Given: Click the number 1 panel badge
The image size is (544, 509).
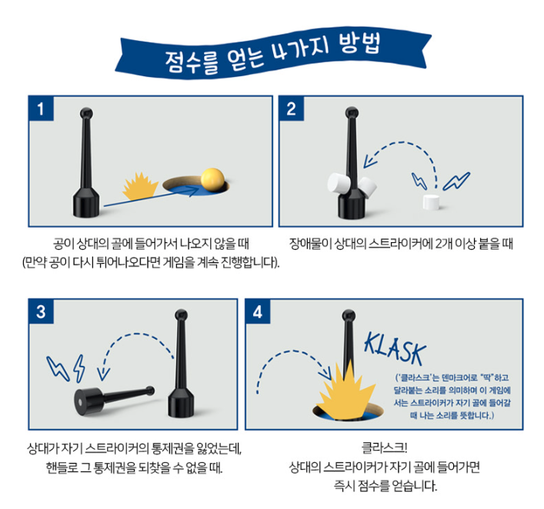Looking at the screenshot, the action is [41, 109].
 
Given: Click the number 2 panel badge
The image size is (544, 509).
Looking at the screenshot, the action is [292, 109].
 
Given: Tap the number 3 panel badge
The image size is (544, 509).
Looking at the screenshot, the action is [41, 311].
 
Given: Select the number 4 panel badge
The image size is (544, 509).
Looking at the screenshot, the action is [258, 311].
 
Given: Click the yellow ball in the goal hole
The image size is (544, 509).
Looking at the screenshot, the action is [212, 180].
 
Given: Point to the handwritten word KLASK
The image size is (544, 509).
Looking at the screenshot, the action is [395, 349].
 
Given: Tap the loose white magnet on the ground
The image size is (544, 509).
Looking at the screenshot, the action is [431, 202].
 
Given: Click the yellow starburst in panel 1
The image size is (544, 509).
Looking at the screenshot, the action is [140, 187].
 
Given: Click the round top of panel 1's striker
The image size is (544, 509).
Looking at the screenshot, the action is [86, 113].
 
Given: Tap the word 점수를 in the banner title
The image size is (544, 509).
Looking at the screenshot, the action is [192, 62].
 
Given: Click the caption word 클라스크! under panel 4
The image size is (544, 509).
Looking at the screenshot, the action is [385, 447].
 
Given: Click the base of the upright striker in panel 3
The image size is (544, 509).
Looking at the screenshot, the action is [181, 402].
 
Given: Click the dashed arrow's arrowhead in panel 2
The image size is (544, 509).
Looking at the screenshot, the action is [370, 161].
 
